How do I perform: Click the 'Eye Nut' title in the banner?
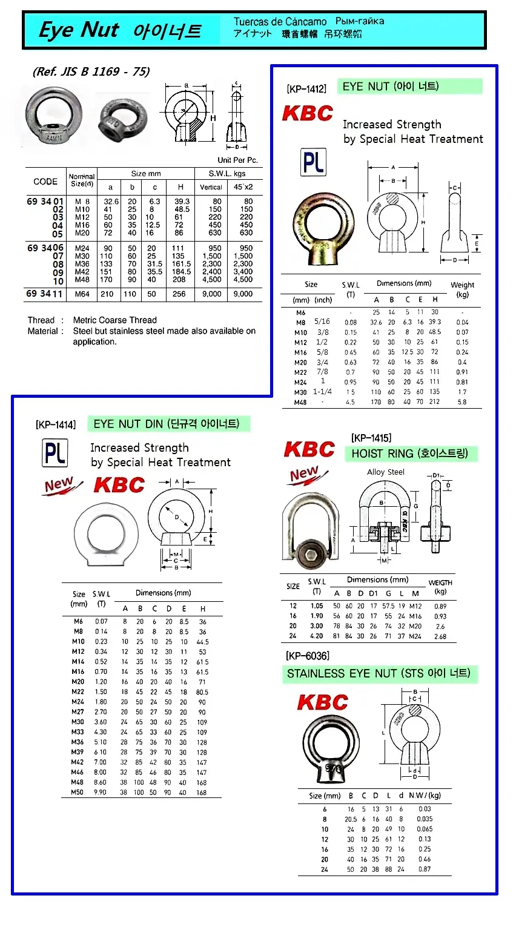pos(78,30)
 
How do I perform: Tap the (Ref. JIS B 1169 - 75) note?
pos(91,71)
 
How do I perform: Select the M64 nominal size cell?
pos(82,294)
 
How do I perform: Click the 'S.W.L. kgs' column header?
pos(227,174)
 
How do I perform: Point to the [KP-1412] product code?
pos(306,89)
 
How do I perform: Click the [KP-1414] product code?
pos(56,424)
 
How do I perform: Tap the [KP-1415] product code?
pos(371,438)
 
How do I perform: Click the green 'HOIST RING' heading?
pos(410,453)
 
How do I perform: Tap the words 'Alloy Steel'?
pos(386,472)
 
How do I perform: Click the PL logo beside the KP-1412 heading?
pos(313,162)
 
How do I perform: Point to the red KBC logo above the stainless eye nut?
pos(322,702)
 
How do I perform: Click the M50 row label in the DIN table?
pos(78,792)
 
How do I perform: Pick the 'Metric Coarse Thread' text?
pos(115,320)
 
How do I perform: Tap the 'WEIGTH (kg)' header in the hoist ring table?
pos(440,587)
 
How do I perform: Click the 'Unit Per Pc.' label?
pos(237,160)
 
